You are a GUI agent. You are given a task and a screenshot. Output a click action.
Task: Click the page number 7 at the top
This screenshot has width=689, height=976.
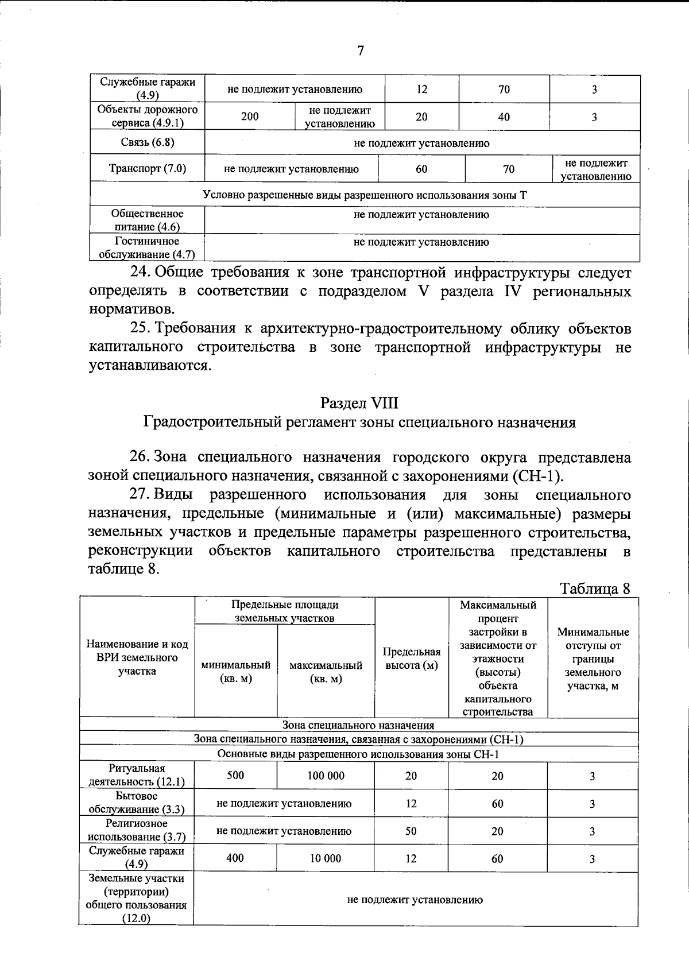coord(361,51)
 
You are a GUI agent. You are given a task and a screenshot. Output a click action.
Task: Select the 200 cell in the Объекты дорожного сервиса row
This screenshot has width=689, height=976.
coord(249,117)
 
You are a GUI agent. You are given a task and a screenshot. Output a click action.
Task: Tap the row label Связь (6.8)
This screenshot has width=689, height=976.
coord(148,142)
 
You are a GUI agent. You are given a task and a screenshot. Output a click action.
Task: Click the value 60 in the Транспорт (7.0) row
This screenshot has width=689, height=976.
coord(421,169)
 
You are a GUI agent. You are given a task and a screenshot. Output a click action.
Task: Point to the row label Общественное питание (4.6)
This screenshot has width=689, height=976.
coord(148,220)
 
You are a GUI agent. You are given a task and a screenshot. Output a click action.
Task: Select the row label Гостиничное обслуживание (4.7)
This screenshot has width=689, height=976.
coord(148,247)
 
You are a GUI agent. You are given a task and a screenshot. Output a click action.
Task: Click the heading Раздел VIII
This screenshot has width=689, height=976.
coord(359,403)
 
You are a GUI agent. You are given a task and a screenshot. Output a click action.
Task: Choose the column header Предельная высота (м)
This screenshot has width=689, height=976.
coord(411,659)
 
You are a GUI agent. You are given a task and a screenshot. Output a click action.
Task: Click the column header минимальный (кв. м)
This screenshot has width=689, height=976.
coord(235,671)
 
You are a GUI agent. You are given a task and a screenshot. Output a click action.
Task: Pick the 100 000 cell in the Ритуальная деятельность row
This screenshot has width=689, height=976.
coord(326,776)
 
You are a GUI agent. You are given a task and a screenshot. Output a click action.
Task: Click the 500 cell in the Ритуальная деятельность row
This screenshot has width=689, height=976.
coord(235,775)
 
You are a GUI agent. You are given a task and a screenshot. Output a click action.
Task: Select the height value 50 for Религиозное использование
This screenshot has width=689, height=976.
coord(411,831)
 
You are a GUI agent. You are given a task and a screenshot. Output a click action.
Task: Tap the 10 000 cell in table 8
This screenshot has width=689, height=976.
coord(326,858)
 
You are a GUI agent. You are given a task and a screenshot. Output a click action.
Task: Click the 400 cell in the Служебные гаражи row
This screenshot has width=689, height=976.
coord(235,858)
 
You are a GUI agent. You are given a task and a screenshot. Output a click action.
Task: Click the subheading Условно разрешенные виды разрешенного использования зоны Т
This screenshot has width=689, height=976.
coord(365,195)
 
